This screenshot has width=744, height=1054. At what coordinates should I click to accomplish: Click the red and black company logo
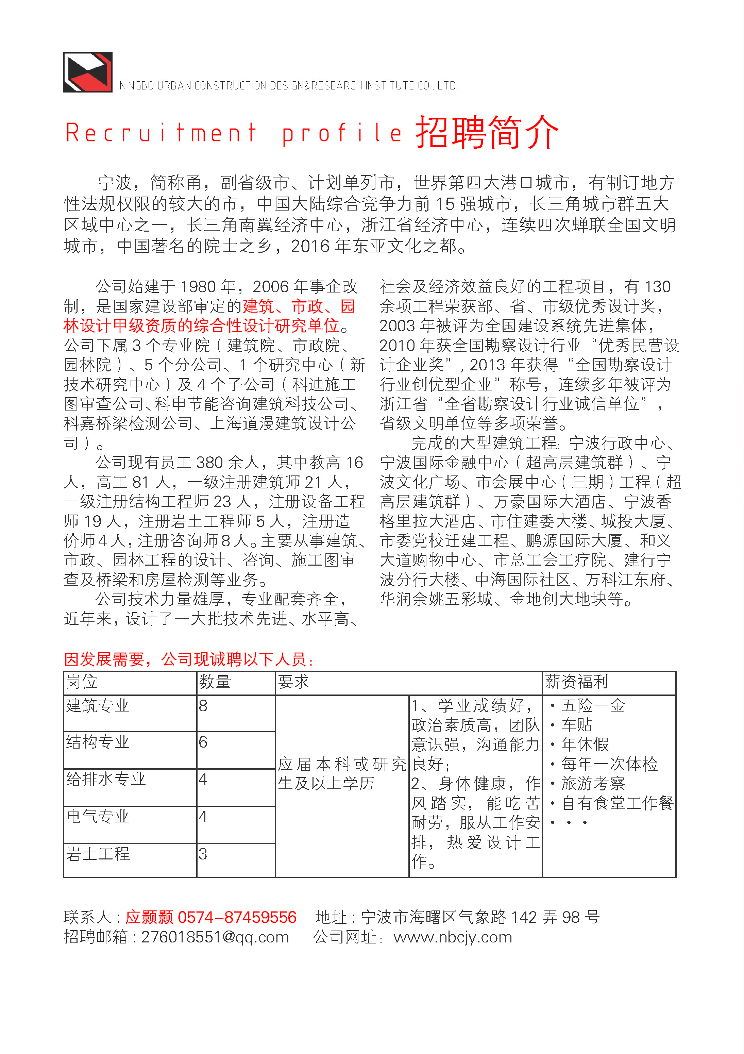coord(87,72)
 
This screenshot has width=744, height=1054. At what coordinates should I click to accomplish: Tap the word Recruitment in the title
coord(160,133)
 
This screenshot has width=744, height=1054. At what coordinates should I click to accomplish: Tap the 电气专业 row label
coord(98,817)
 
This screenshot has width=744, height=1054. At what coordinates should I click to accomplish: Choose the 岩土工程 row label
coord(98,854)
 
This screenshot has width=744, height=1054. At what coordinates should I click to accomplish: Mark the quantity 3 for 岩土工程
coord(203,854)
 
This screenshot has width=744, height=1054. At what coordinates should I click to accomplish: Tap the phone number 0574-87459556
coord(237,917)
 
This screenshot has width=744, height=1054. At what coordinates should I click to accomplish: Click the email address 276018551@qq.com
coord(215,937)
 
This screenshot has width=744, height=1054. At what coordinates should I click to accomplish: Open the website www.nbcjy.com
coord(453,937)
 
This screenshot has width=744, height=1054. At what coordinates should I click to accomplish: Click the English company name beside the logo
coord(288,86)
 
